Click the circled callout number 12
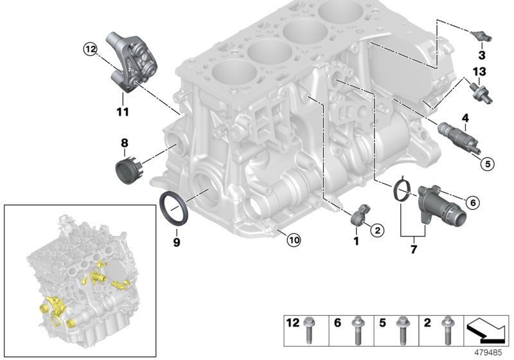pos(89,48)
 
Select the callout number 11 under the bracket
pos(122,111)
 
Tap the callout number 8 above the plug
pos(125,142)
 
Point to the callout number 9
pos(176,242)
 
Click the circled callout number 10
pos(293,240)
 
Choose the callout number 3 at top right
pos(480,47)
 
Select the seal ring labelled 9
pos(174,207)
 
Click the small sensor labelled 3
pos(477,33)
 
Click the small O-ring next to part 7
pos(403,190)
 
